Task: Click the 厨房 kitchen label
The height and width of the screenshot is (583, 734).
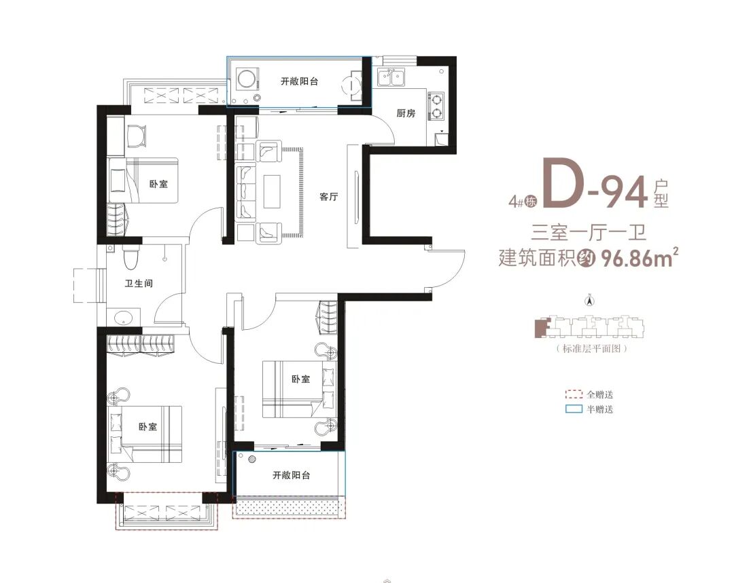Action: (x=406, y=113)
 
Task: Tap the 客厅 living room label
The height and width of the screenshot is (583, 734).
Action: (x=329, y=197)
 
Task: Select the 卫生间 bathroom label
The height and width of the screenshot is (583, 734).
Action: (x=139, y=283)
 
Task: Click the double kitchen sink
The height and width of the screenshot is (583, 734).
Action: (x=391, y=77)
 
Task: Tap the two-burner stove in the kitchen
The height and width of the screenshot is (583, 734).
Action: (x=437, y=106)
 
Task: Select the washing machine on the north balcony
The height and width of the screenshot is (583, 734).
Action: (x=245, y=79)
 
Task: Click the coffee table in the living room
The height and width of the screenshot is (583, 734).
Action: (x=272, y=191)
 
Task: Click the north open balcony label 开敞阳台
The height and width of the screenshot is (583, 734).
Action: (x=300, y=81)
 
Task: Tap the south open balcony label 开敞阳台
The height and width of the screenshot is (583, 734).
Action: (x=292, y=476)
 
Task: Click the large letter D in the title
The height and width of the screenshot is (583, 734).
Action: (x=565, y=183)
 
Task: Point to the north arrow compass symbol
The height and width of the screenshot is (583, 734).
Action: (x=591, y=300)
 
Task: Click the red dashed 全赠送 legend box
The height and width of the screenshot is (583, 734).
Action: (x=574, y=394)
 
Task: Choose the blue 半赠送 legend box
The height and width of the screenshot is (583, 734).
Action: (x=574, y=409)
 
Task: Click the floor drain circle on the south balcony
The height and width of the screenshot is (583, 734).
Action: (x=252, y=459)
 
